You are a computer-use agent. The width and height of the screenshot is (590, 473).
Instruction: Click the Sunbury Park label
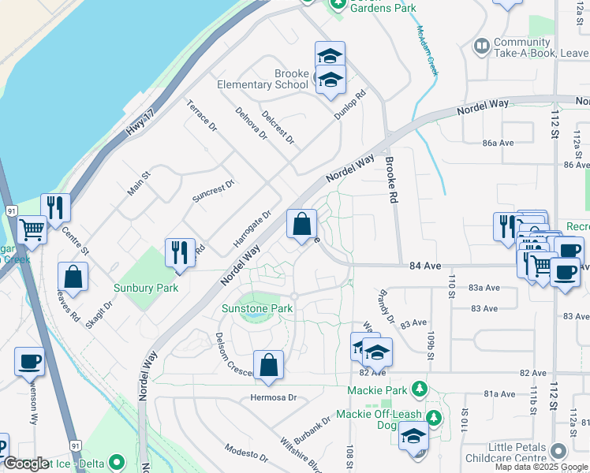click(145, 288)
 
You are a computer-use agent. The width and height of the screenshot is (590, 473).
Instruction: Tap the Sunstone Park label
click(256, 308)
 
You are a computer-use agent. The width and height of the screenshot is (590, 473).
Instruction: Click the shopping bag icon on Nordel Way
click(302, 225)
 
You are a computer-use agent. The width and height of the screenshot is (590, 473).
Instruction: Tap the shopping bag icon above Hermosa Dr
click(268, 365)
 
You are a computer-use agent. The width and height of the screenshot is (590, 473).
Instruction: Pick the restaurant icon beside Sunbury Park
click(180, 253)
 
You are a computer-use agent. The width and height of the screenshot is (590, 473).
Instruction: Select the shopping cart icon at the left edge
click(32, 230)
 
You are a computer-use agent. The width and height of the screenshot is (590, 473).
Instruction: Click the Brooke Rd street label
click(390, 180)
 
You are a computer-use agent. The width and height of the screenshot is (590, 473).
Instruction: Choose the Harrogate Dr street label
click(252, 227)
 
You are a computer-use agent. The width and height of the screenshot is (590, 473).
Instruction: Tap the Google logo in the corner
click(25, 464)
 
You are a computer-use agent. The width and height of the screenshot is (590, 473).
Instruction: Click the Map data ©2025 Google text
click(541, 467)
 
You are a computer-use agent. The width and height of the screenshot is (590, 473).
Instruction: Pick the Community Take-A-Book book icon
click(480, 47)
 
